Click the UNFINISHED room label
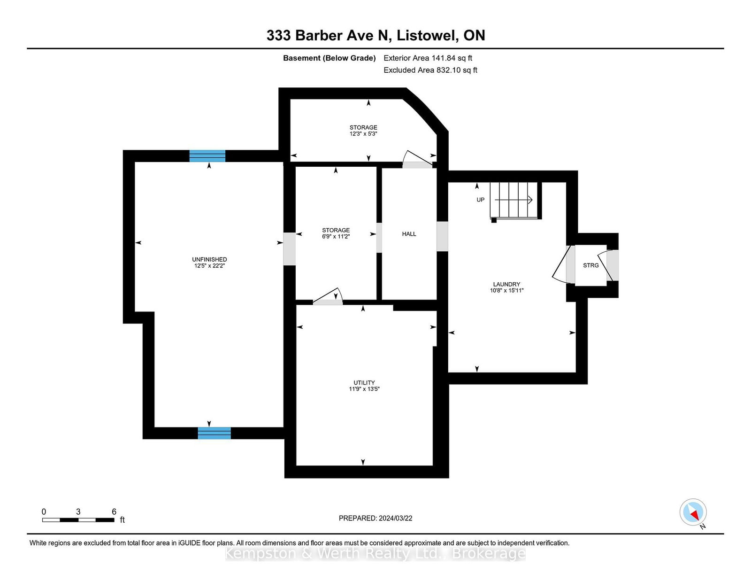[x=209, y=259]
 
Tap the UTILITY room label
[x=364, y=382]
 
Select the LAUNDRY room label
[x=506, y=284]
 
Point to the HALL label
[x=409, y=234]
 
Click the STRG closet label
[x=590, y=265]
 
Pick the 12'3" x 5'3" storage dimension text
[x=363, y=133]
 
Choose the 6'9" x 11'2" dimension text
[x=336, y=237]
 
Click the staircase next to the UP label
[x=513, y=200]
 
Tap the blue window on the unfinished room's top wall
[x=207, y=156]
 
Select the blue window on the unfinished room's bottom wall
[x=215, y=433]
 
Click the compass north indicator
[x=693, y=512]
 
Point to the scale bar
[x=78, y=520]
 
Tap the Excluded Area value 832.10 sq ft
[x=457, y=70]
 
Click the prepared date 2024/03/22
[x=395, y=518]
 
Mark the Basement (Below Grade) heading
[x=330, y=58]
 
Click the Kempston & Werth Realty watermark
[x=375, y=554]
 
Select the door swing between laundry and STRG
[x=563, y=264]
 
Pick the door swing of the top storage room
[x=418, y=159]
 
